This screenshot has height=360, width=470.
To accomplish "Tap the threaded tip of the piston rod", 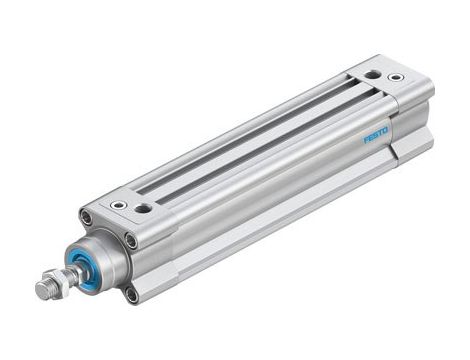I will click(x=43, y=290).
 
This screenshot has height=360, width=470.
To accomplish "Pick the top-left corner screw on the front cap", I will click(x=86, y=217).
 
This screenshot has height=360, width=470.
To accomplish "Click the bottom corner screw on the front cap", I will click(x=131, y=294).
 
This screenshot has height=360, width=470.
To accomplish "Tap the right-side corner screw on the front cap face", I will click(x=131, y=240).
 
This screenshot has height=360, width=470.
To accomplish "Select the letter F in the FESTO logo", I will click(x=365, y=142).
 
